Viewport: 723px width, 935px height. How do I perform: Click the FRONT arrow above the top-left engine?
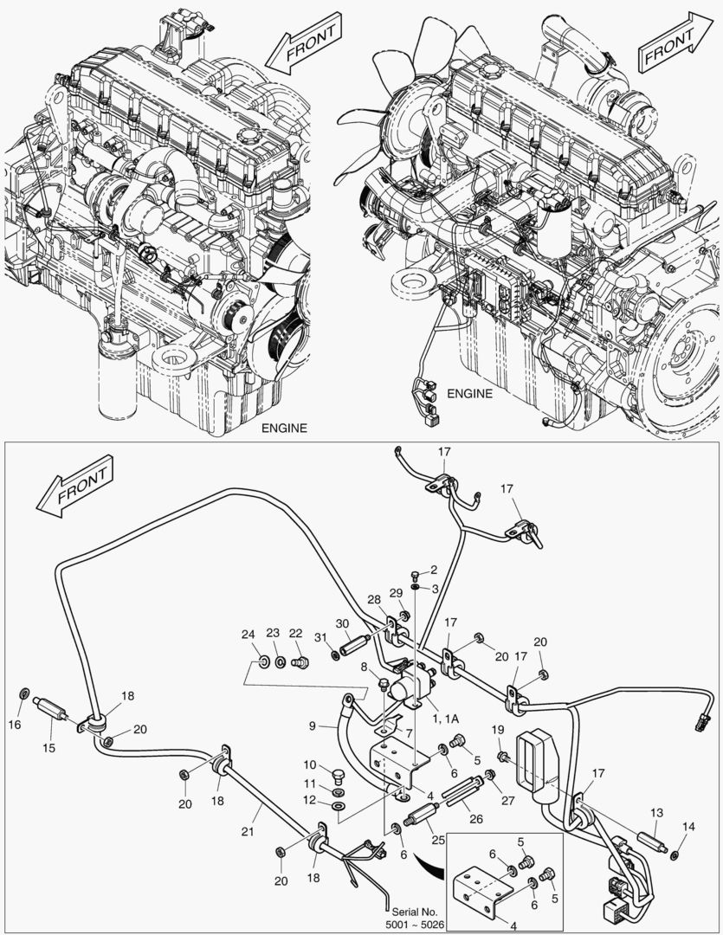tap(300, 51)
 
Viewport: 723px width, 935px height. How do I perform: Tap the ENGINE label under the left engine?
tap(283, 429)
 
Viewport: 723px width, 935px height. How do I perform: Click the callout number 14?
tap(687, 828)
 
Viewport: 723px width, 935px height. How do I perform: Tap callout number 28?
tap(373, 599)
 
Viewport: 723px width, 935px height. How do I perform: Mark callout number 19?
tap(497, 730)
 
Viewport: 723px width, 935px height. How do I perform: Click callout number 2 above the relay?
tap(434, 570)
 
